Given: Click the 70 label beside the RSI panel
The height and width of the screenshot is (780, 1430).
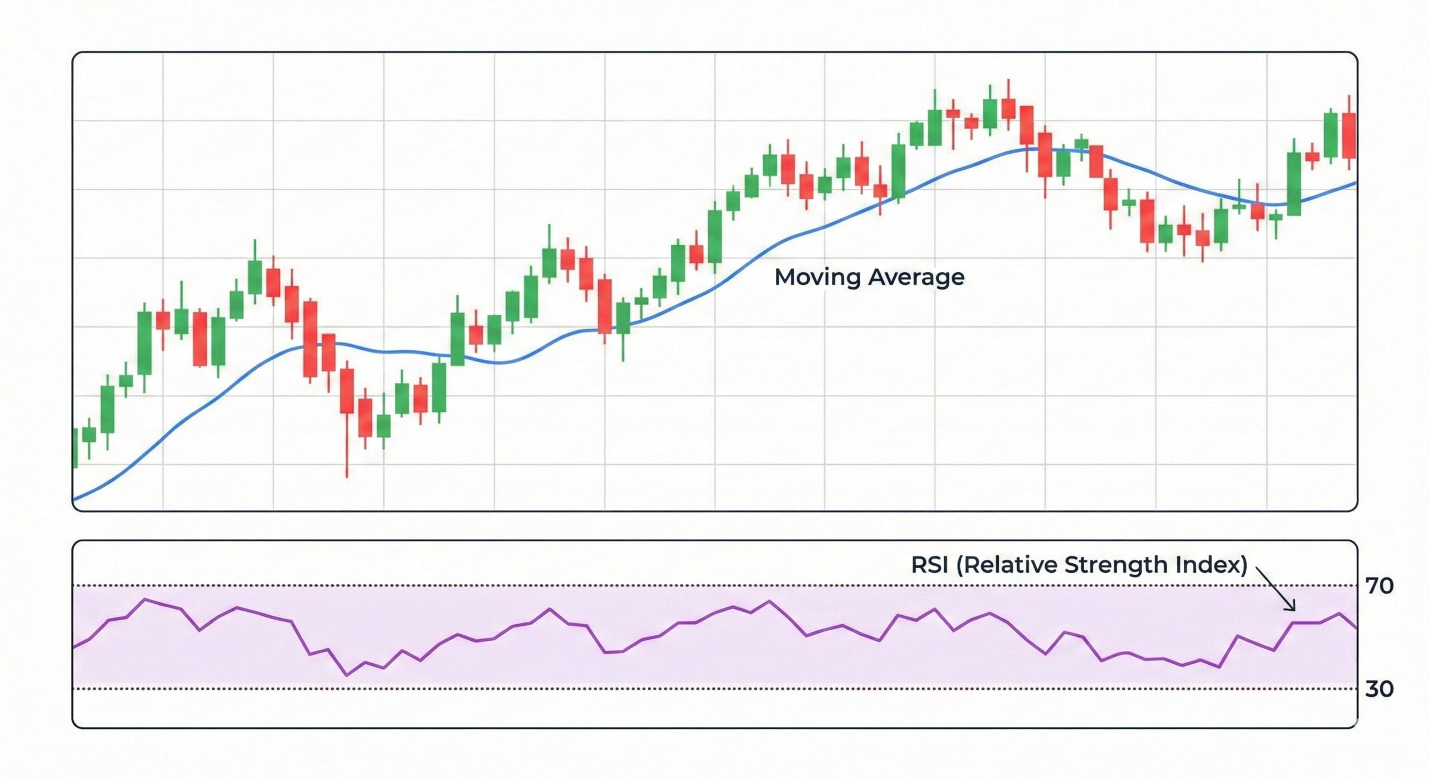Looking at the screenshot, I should pyautogui.click(x=1379, y=586).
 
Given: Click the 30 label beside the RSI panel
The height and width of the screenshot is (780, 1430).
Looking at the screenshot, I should pyautogui.click(x=1379, y=688).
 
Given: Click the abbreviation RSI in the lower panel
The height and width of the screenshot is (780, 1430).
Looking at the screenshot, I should pyautogui.click(x=929, y=564).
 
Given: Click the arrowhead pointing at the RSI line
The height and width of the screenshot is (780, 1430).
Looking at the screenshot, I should pyautogui.click(x=1292, y=608).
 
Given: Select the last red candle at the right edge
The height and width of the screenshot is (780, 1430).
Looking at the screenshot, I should pyautogui.click(x=1349, y=135).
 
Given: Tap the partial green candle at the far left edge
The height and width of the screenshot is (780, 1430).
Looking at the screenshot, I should pyautogui.click(x=75, y=448).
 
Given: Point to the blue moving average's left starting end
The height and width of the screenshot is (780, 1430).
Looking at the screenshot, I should pyautogui.click(x=75, y=498).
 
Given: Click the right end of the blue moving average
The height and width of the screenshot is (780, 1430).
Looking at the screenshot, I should pyautogui.click(x=1355, y=183).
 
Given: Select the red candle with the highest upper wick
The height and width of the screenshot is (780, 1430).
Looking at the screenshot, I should pyautogui.click(x=1008, y=108).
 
